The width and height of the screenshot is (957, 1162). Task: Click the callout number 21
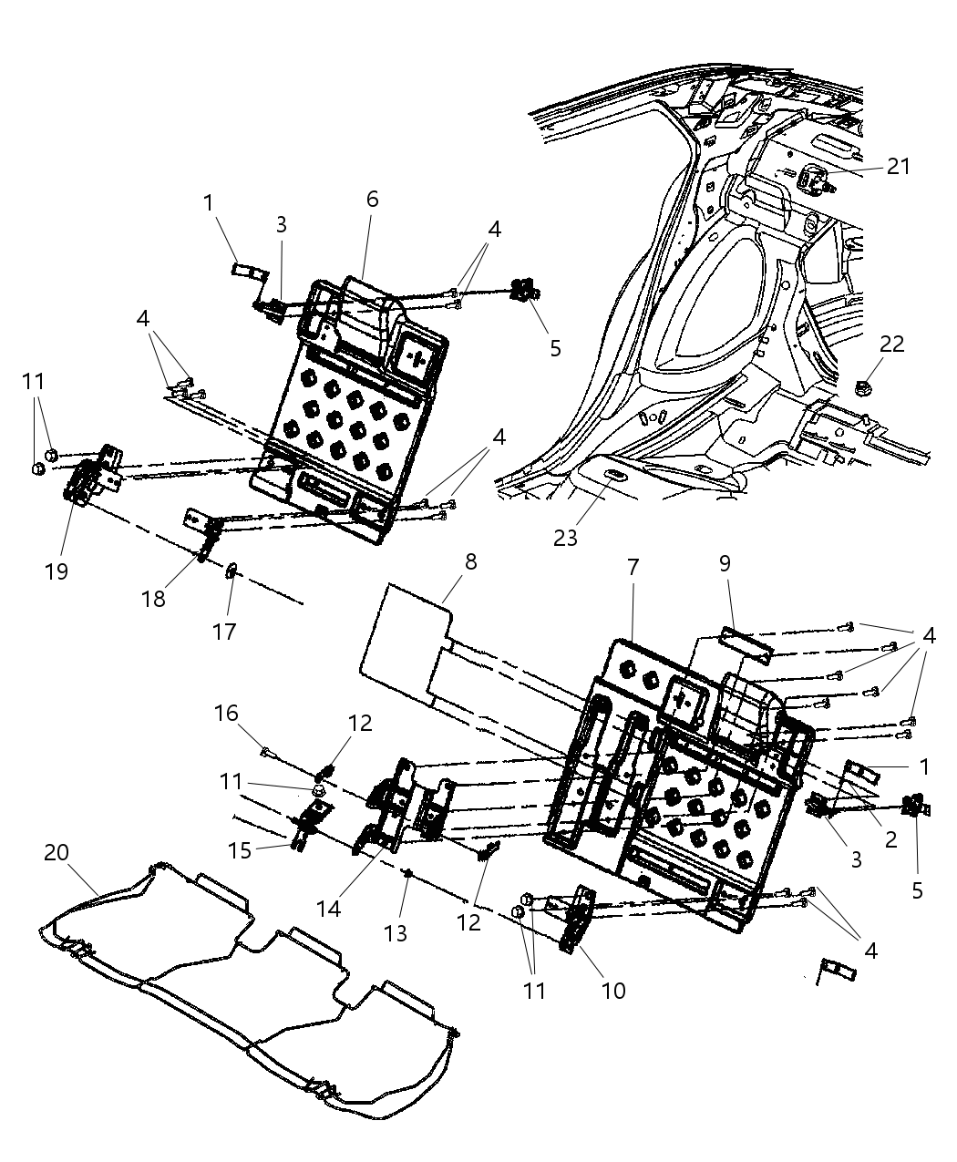point(899,166)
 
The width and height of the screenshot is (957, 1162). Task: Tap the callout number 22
point(891,344)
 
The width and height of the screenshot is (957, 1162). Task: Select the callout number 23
point(565,538)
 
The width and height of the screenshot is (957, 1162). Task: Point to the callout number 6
point(372,200)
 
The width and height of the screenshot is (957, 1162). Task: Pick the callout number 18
point(153,598)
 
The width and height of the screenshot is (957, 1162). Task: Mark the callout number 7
point(632,567)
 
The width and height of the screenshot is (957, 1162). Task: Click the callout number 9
point(725,563)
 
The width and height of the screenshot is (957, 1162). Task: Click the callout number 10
point(613,990)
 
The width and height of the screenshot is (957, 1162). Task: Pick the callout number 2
point(890,838)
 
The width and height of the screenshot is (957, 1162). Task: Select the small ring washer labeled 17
point(232,571)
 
